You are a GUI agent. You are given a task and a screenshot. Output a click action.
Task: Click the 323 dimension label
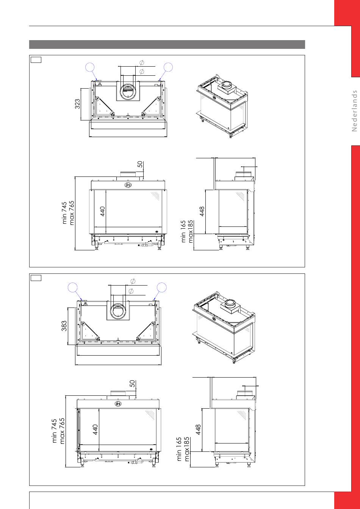[78, 104]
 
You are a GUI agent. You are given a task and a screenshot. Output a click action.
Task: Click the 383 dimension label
[64, 326]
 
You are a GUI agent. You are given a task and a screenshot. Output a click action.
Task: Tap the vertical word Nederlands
[354, 111]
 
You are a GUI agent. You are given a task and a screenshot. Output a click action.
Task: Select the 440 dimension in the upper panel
[103, 211]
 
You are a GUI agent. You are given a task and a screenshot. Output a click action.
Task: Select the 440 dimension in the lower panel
[95, 429]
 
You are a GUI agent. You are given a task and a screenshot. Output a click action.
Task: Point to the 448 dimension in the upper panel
[202, 211]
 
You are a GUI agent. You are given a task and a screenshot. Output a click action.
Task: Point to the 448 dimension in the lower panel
[198, 429]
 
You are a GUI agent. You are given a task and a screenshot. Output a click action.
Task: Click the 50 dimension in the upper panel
[140, 164]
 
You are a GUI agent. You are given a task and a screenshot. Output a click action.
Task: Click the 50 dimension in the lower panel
[132, 384]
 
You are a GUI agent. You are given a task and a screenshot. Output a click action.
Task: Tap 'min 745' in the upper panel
[64, 213]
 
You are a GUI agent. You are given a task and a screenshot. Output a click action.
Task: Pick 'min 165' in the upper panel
[183, 231]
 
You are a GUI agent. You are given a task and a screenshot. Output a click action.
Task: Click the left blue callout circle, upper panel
[90, 67]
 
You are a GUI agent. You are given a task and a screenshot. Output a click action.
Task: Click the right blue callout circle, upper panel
[168, 67]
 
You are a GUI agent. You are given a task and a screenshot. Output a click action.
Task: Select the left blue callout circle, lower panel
[73, 287]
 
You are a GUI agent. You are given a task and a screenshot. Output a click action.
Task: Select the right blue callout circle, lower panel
[162, 287]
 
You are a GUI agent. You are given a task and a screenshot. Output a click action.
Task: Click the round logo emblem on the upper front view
[128, 185]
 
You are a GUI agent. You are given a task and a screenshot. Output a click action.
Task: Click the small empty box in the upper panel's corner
[36, 60]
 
